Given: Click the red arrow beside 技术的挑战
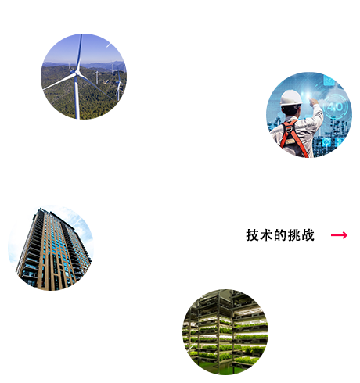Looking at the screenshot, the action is [x=339, y=235].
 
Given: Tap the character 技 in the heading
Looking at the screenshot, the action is [x=253, y=235].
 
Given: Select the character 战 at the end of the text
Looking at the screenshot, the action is [x=308, y=235].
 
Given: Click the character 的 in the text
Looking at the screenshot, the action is [x=280, y=235].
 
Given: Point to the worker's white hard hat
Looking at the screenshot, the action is [x=290, y=98].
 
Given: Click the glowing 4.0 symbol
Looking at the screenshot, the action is [x=335, y=107].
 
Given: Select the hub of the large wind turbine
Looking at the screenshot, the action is [x=77, y=73].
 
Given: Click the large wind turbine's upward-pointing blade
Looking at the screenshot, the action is [x=79, y=52].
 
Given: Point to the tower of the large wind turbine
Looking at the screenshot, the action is [x=77, y=98].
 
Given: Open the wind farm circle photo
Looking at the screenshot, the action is [x=84, y=77].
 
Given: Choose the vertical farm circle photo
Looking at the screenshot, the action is [x=225, y=332].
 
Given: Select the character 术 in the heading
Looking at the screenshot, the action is [x=266, y=235].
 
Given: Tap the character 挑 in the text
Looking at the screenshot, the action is [x=294, y=235].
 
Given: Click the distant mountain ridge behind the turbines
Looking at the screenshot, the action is [x=104, y=64].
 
